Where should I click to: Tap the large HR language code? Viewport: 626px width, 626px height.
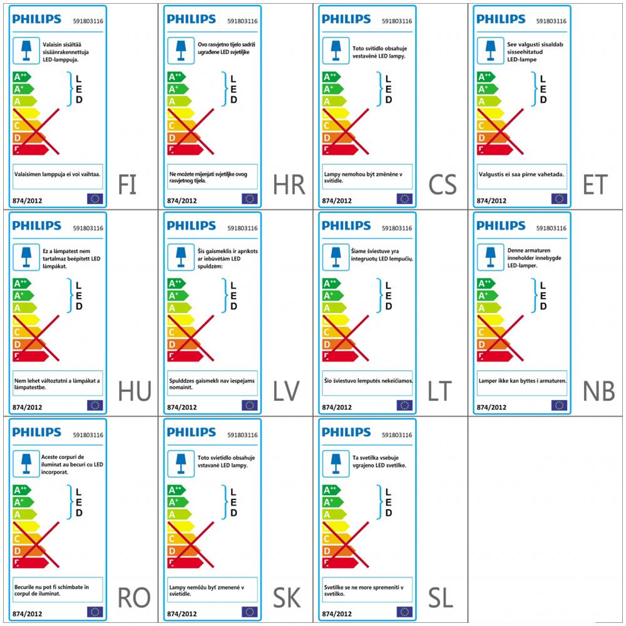click(289, 185)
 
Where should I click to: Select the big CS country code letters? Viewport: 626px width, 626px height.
click(443, 185)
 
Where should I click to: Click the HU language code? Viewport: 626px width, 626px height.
click(135, 391)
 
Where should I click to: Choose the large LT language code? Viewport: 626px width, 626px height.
click(439, 391)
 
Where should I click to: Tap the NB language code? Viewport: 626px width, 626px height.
click(598, 391)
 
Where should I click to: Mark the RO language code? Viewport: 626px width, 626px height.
click(134, 598)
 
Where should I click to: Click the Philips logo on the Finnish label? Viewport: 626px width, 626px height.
click(36, 19)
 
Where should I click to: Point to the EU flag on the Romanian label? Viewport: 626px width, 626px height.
click(95, 612)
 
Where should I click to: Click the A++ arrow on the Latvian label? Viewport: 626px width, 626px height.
click(177, 284)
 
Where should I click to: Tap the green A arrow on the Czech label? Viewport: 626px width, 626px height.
click(331, 101)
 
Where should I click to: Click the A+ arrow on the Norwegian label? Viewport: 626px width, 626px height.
click(486, 295)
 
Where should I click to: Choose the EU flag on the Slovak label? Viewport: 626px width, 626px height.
click(249, 612)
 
